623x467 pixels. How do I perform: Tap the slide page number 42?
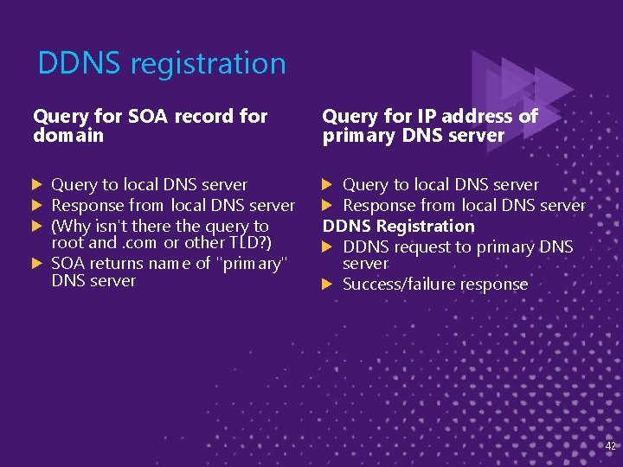coord(610,445)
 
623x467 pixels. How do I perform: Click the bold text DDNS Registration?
coord(398,226)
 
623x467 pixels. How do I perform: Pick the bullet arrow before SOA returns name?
coord(37,263)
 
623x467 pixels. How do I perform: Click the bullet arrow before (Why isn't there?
coord(37,226)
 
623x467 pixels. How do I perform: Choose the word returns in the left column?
coord(115,263)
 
